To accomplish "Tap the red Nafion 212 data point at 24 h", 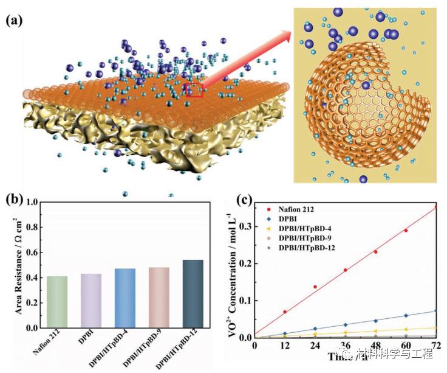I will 315,287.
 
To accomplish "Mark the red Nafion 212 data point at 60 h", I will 406,231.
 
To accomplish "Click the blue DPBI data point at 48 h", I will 376,321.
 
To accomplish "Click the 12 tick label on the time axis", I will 284,345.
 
